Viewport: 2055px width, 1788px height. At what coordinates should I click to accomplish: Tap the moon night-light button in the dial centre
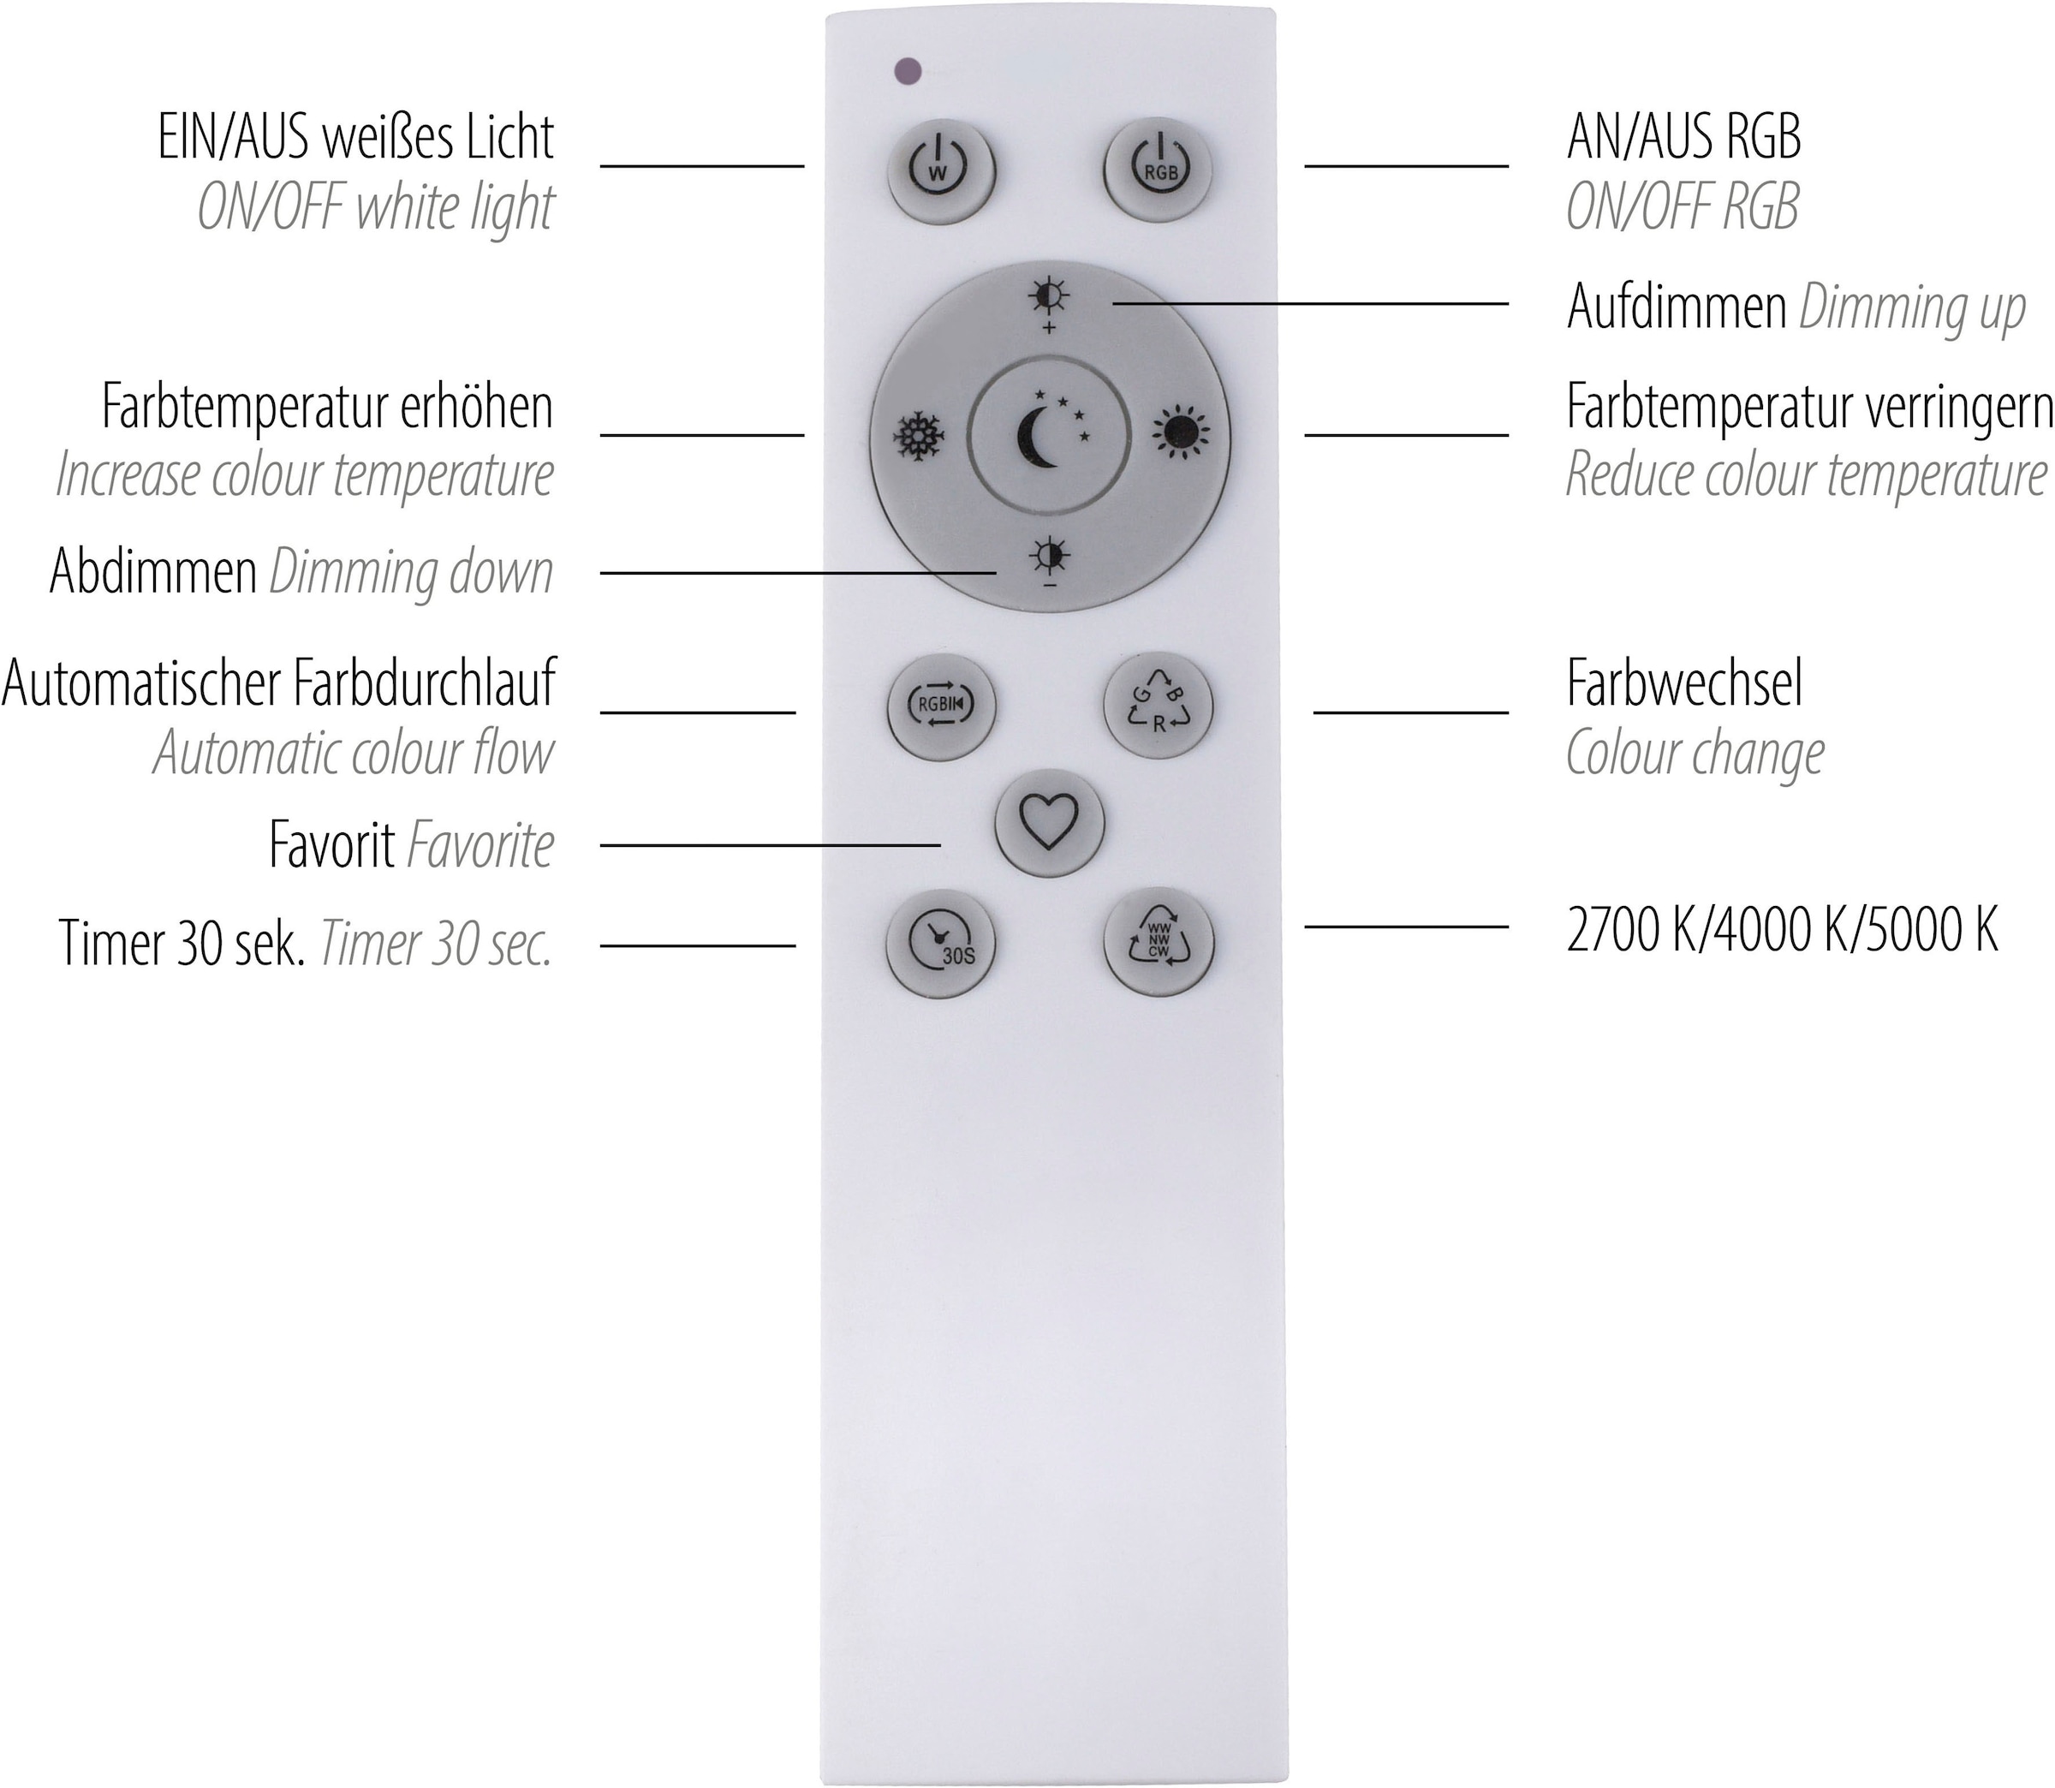pyautogui.click(x=1050, y=436)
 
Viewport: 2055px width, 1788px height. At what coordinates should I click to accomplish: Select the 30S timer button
pyautogui.click(x=941, y=943)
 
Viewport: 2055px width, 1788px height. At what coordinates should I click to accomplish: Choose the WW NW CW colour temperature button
pyautogui.click(x=1159, y=942)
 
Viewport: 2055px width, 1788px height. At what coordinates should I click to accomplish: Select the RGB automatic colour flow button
pyautogui.click(x=941, y=706)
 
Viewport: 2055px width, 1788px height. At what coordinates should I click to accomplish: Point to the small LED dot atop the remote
pyautogui.click(x=908, y=71)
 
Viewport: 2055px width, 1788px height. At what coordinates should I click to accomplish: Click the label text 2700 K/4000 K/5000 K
pyautogui.click(x=1782, y=932)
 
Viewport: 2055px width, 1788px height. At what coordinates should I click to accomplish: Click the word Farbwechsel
pyautogui.click(x=1684, y=684)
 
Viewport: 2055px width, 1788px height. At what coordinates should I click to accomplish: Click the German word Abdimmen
pyautogui.click(x=153, y=573)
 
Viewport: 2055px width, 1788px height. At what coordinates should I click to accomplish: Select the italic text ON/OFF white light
pyautogui.click(x=375, y=209)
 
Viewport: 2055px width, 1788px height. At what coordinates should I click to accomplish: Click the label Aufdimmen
pyautogui.click(x=1676, y=307)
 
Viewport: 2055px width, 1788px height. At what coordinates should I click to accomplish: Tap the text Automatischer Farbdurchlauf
pyautogui.click(x=278, y=684)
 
